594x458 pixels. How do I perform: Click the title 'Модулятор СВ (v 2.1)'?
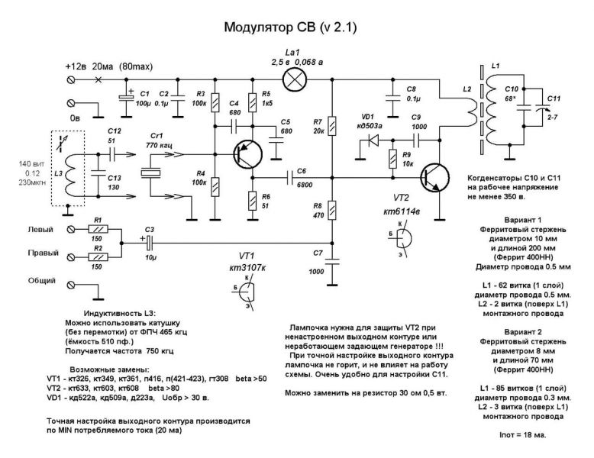(289, 28)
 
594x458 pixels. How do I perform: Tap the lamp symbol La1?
(293, 79)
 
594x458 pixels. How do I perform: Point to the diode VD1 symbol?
(374, 140)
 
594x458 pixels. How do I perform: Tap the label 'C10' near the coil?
(511, 89)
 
